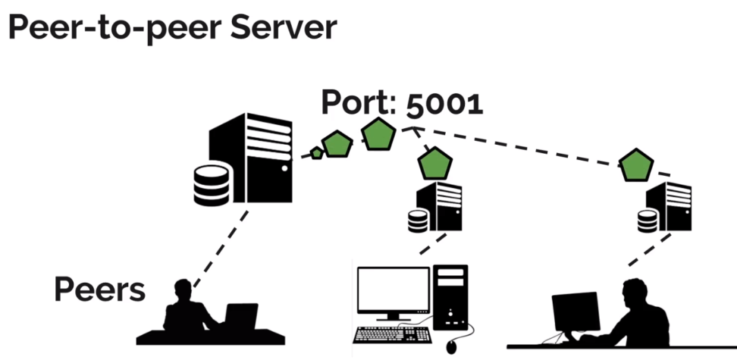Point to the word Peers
99,290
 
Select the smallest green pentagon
316,153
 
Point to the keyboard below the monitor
389,334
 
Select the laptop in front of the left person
241,317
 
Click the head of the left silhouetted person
183,288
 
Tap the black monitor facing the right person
575,311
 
